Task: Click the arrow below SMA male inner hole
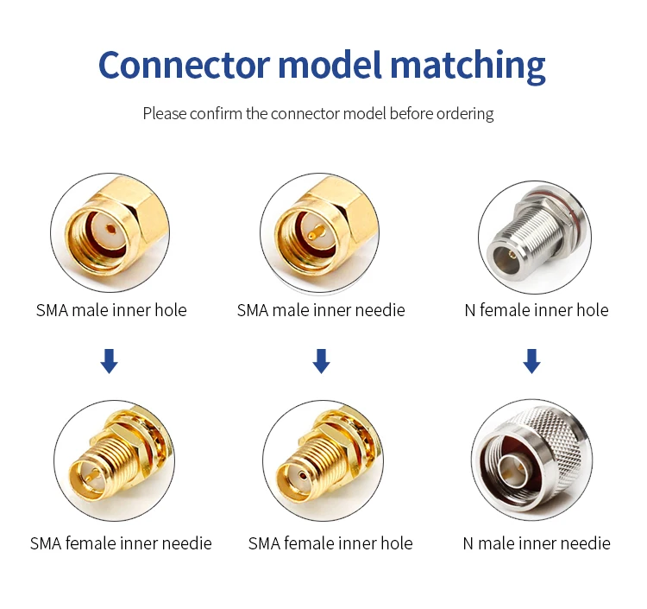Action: point(109,361)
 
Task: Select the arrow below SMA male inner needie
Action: point(321,361)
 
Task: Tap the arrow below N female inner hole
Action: point(532,361)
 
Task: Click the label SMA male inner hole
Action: point(111,310)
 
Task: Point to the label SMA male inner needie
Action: point(321,310)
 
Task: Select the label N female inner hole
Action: point(536,310)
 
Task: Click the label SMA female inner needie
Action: point(121,543)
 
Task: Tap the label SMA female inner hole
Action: point(330,543)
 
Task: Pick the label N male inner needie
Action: point(537,543)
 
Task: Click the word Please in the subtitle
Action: point(164,113)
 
